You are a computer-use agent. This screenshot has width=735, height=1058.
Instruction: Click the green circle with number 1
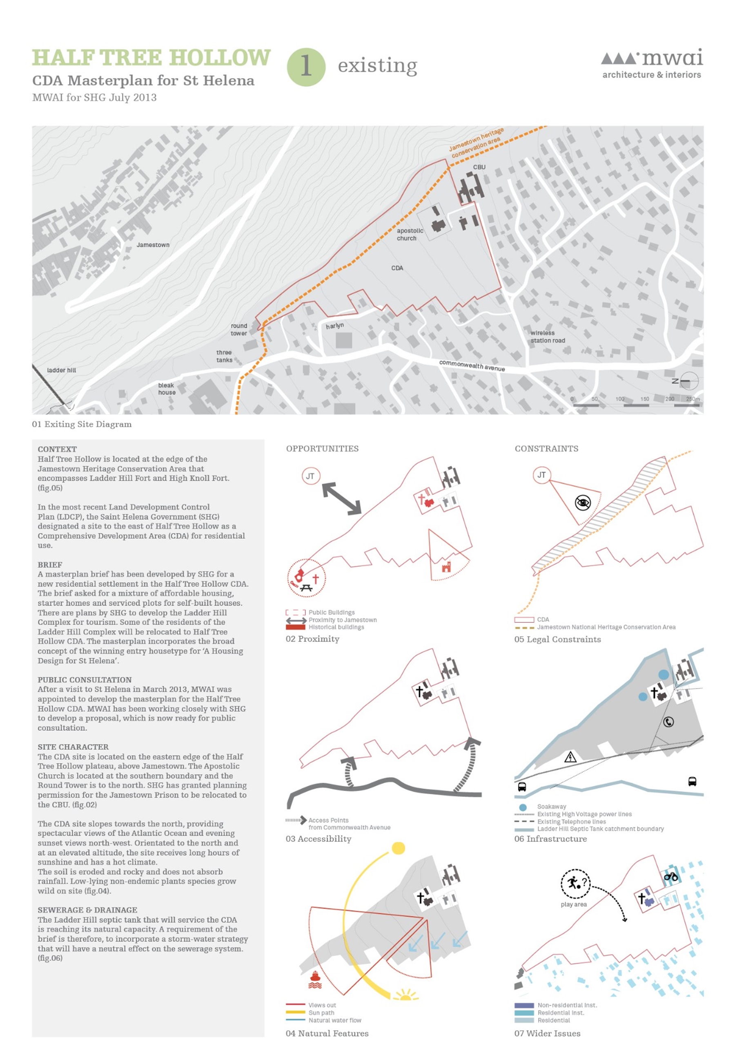click(x=306, y=67)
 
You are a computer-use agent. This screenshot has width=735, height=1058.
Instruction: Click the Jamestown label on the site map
click(x=153, y=245)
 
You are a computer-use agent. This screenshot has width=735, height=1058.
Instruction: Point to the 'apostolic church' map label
click(x=410, y=235)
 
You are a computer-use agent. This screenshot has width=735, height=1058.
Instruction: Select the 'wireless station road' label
click(x=547, y=336)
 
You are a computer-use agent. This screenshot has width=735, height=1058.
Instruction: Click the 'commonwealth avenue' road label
click(x=472, y=365)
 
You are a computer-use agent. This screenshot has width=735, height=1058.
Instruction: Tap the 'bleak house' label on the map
click(x=167, y=389)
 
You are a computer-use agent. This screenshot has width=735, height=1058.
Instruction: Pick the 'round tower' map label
click(x=239, y=329)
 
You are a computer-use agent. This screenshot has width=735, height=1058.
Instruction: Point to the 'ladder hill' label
click(x=61, y=370)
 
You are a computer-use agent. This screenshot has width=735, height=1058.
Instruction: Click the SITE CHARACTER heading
click(x=73, y=747)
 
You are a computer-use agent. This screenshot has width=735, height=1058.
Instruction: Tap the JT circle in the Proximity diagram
click(x=310, y=476)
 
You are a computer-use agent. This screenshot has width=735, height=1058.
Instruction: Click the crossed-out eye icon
click(x=583, y=502)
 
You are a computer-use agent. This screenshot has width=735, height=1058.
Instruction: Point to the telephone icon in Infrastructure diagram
click(x=668, y=722)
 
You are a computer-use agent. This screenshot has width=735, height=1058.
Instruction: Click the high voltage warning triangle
click(x=570, y=757)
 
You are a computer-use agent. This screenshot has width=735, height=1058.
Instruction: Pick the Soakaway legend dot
click(x=523, y=807)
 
